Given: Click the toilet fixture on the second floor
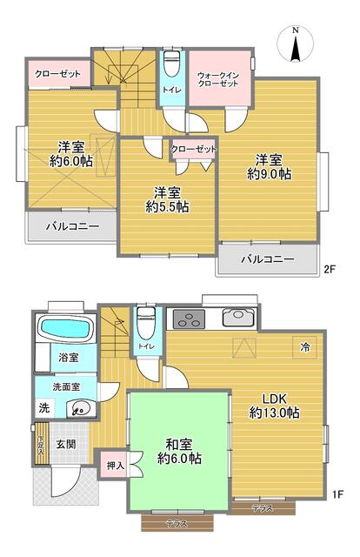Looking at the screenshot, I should click(x=172, y=64).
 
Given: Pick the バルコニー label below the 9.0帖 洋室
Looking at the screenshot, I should click(x=267, y=258).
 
